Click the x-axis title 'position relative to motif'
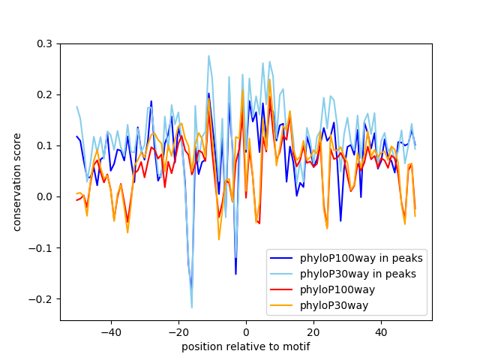coord(245,347)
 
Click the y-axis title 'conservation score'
coord(16,182)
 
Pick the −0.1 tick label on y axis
coord(43,247)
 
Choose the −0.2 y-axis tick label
coord(43,298)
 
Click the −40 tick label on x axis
coord(110,331)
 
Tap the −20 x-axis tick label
coord(178,331)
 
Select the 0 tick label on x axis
coord(246,331)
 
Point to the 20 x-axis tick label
coord(313,331)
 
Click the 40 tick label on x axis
coord(381,331)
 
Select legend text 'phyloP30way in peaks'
coord(358,274)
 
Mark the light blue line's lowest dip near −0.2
coord(191,307)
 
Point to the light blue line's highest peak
coord(208,55)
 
